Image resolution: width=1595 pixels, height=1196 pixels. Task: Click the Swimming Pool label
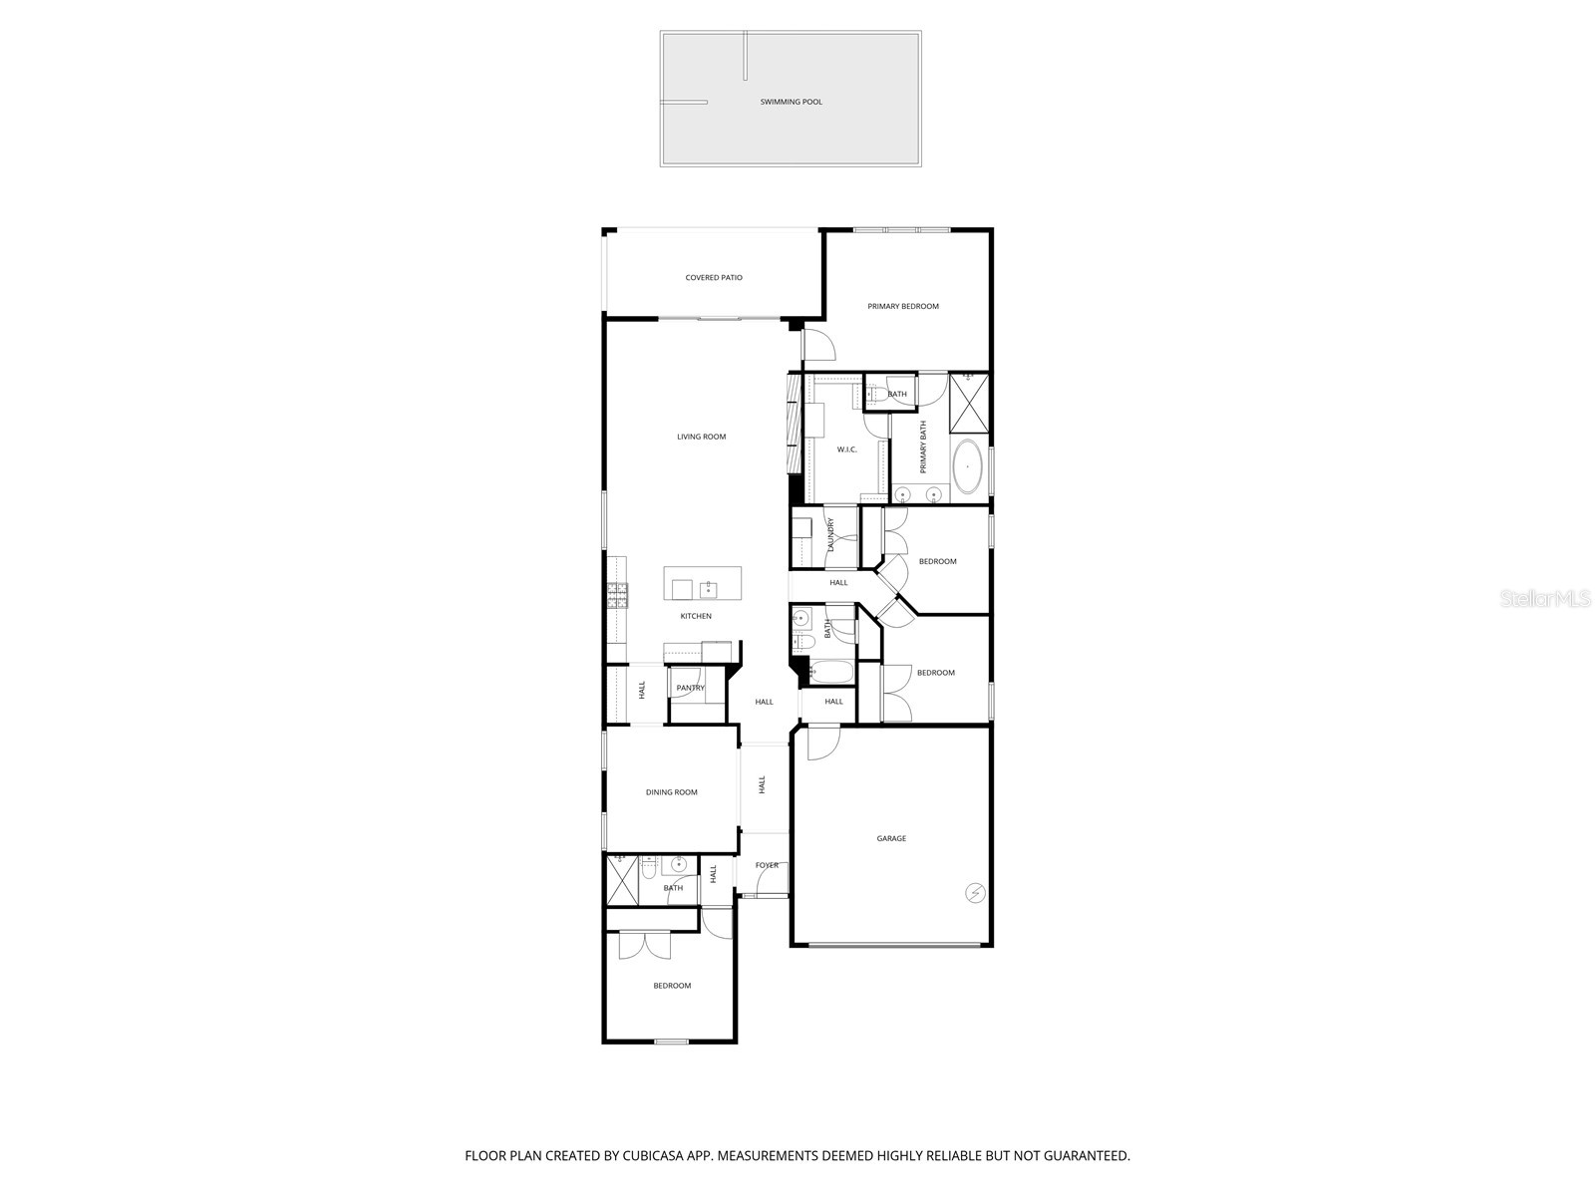point(791,102)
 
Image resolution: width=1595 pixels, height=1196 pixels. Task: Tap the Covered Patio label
point(714,278)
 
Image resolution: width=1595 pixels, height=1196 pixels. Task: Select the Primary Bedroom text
point(902,306)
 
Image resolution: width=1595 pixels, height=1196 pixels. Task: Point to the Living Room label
point(701,437)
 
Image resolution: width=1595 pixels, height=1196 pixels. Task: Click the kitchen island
point(703,584)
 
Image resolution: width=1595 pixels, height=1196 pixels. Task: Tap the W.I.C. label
point(846,449)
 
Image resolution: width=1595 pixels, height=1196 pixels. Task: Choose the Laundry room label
point(830,536)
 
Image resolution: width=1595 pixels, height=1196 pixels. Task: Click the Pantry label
point(690,688)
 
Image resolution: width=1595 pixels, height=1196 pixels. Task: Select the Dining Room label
point(671,792)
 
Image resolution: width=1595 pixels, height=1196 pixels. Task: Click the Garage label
point(891,838)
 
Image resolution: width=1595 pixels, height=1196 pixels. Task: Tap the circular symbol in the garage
point(975,893)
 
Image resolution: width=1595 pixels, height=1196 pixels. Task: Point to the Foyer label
point(767,865)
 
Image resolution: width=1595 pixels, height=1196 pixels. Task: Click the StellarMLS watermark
point(1545,599)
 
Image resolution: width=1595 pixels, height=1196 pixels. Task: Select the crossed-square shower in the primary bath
point(969,404)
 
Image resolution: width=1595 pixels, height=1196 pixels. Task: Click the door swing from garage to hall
point(822,744)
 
